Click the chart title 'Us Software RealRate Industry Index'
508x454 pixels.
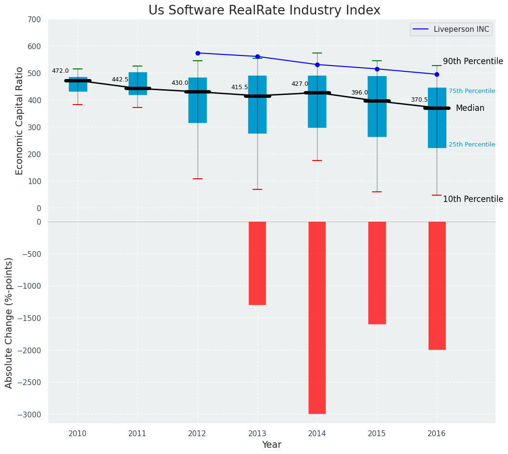[x=264, y=11]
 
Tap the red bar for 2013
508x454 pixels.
[x=257, y=263]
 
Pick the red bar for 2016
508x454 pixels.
[x=437, y=285]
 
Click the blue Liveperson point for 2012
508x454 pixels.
[x=198, y=53]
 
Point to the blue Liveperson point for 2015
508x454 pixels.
[x=377, y=69]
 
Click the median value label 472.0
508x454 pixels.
[x=60, y=71]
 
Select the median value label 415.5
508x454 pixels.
[x=240, y=87]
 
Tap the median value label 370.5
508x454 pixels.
[x=419, y=100]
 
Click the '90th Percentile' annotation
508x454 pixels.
[x=473, y=61]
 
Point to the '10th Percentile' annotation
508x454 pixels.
[x=473, y=199]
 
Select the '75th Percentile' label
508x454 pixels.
[x=471, y=91]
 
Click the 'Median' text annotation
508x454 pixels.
[x=470, y=108]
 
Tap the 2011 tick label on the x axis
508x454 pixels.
[x=137, y=434]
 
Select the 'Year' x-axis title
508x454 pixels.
[x=271, y=445]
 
